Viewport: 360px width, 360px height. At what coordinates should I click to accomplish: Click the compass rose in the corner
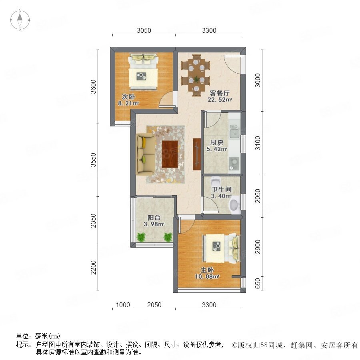point(20,20)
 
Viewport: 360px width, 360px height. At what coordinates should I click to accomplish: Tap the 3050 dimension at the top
point(144,30)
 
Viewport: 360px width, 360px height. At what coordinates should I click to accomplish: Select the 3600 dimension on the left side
point(93,86)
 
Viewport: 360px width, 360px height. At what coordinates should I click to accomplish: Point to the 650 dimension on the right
point(258,283)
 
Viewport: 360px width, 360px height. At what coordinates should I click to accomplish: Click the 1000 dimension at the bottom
point(123,305)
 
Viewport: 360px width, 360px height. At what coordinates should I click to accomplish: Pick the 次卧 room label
point(128,97)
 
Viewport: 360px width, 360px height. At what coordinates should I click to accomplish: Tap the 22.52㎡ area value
point(220,100)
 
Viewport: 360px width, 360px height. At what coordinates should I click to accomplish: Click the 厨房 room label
point(217,142)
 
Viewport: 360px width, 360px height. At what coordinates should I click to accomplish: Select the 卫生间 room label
point(221,190)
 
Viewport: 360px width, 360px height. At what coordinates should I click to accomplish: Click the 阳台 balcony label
point(154,218)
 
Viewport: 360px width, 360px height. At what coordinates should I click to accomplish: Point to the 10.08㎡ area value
point(207,276)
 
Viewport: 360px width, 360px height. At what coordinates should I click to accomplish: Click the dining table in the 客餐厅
point(196,75)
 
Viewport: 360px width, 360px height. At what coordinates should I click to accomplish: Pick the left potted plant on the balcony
point(141,237)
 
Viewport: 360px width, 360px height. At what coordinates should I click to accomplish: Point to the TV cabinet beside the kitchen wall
point(197,154)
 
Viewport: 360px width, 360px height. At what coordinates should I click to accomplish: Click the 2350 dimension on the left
point(93,221)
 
